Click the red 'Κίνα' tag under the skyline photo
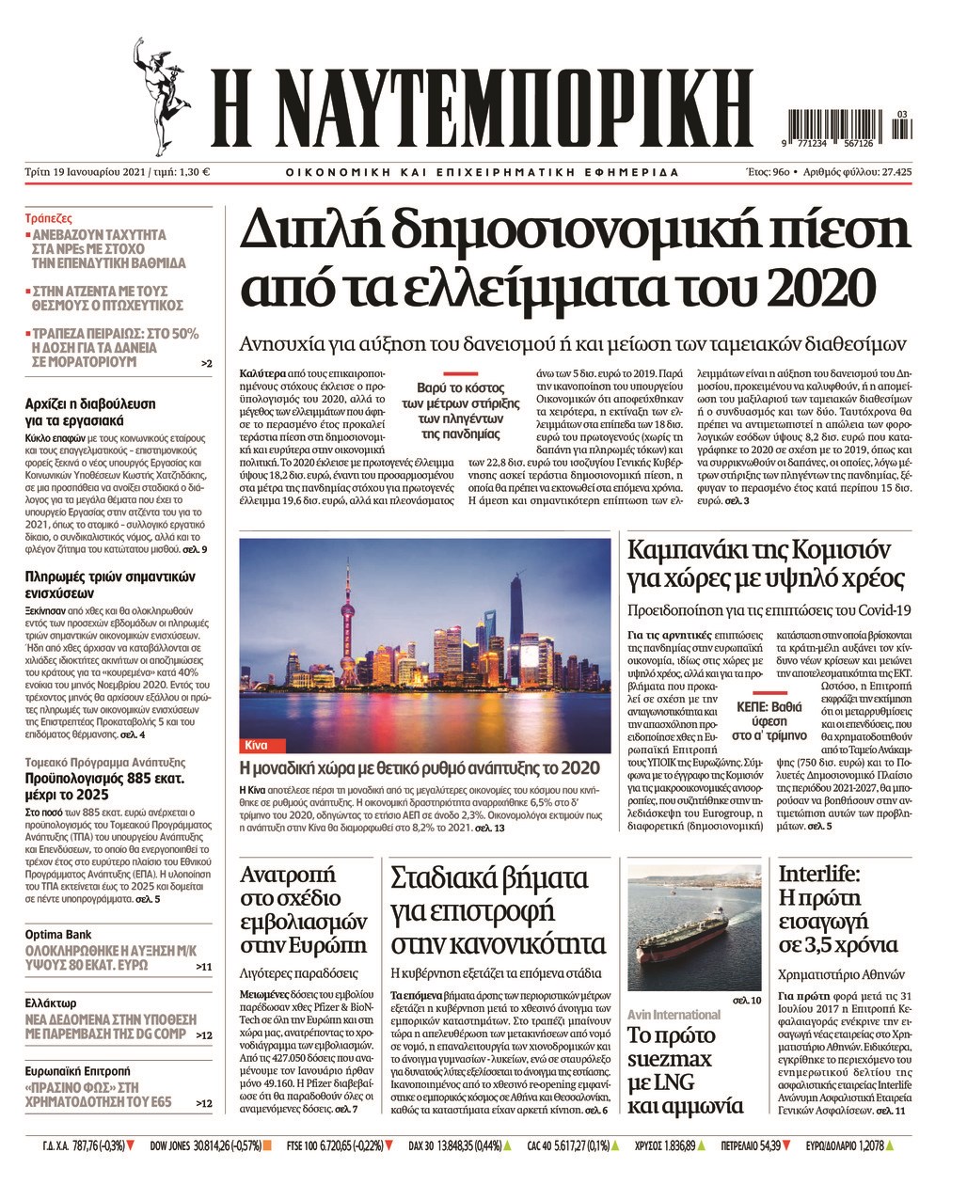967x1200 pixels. [x=255, y=745]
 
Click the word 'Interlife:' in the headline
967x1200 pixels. [x=817, y=874]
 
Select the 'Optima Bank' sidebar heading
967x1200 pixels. [x=57, y=935]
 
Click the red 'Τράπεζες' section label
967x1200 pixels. [x=49, y=215]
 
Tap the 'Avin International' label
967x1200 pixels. [x=674, y=1015]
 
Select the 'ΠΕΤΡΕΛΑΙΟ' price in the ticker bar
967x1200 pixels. [x=732, y=1145]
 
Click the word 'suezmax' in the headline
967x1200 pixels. [x=670, y=1060]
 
